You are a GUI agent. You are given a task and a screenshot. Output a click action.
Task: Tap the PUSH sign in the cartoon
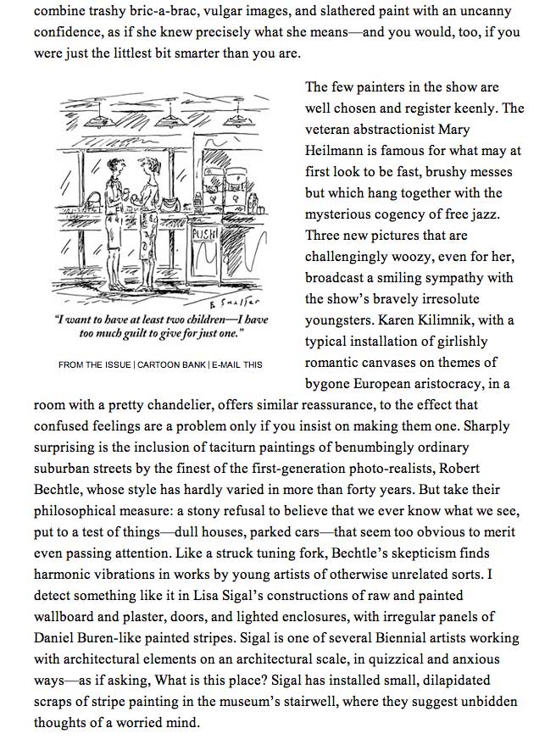coord(206,231)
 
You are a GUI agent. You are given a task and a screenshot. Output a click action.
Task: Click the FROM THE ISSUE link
coord(94,364)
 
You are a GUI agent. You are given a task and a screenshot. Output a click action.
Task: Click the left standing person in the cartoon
coord(112,203)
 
